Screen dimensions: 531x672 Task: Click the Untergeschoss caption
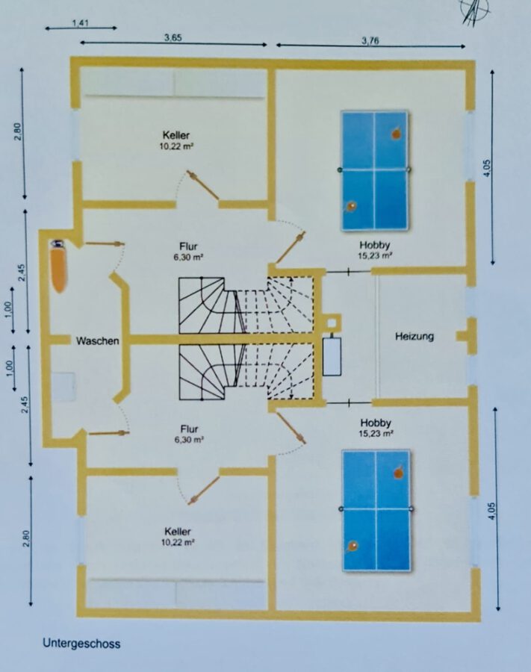[x=81, y=644]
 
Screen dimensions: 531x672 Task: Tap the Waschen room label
[x=97, y=341]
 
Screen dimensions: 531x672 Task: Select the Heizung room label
[x=414, y=337]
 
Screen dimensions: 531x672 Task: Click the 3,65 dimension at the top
[x=173, y=38]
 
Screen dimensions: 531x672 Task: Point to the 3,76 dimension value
[x=370, y=41]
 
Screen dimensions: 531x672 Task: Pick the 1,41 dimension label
[x=80, y=23]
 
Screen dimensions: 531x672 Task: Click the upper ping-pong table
[x=374, y=170]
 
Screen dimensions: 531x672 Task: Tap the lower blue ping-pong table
[x=376, y=510]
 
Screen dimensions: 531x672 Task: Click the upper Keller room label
[x=176, y=135]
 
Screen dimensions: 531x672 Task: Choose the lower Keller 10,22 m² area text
[x=178, y=542]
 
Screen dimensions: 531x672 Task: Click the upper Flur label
[x=188, y=246]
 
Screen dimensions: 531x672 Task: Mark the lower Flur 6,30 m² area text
[x=189, y=439]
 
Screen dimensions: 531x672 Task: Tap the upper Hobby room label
[x=375, y=245]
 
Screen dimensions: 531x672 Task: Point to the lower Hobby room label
[x=376, y=423]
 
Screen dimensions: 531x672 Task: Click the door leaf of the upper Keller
[x=202, y=185]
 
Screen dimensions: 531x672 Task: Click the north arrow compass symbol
[x=474, y=11]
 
